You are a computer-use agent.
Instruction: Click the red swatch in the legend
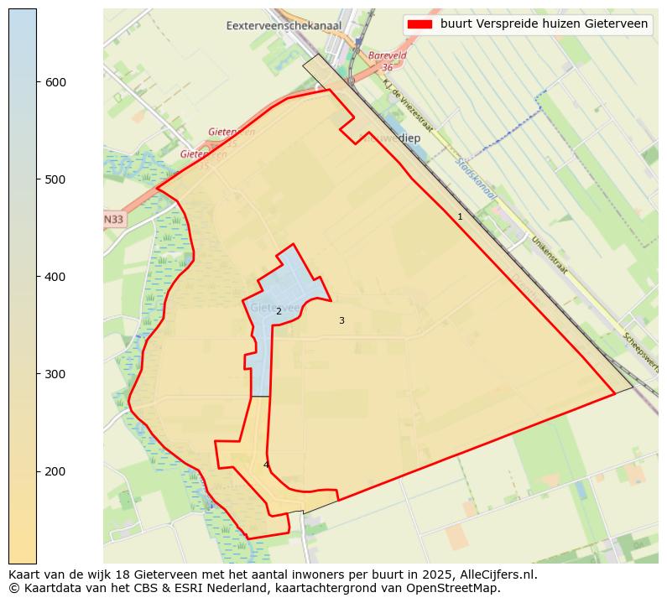420,24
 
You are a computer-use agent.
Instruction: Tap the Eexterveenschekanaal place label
284,26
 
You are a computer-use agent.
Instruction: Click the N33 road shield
113,220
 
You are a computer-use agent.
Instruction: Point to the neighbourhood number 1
460,216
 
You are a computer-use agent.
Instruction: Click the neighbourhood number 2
279,311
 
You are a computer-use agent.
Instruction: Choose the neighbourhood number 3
341,320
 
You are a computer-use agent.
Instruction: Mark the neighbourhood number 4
266,465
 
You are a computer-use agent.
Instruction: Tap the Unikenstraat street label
549,255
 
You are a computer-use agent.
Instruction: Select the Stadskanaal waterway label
477,177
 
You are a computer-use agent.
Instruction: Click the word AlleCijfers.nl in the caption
494,574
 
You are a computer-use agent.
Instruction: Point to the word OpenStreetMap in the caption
459,588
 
